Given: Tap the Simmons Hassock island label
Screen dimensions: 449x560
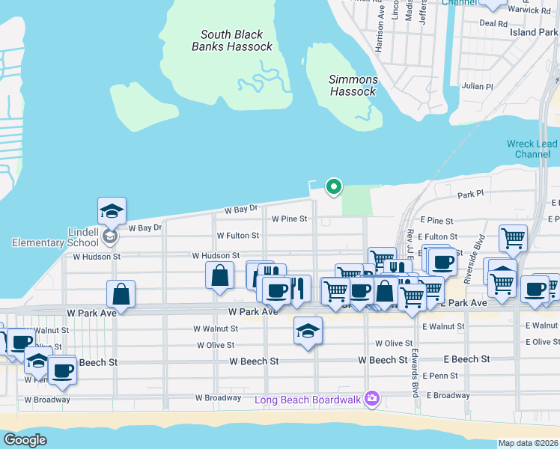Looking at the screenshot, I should click(353, 85).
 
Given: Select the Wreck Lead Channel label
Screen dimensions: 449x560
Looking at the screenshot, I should click(532, 148).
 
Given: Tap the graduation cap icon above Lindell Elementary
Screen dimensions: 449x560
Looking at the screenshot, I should click(112, 211).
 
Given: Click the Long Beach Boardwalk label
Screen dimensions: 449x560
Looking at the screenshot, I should click(308, 399).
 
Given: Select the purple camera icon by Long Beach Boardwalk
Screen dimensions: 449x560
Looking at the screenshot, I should click(371, 399).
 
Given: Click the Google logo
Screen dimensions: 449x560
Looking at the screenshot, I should click(25, 440).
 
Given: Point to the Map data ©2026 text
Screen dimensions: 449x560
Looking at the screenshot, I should click(528, 443).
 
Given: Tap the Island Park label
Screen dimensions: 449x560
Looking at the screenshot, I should click(535, 32).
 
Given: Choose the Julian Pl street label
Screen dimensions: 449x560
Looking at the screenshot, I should click(478, 86).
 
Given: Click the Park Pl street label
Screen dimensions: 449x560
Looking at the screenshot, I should click(472, 195).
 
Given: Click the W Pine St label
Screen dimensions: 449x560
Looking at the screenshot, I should click(289, 219).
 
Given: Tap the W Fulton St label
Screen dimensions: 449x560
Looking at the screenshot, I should click(237, 235).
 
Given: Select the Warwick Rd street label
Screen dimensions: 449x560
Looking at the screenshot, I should click(535, 10).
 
